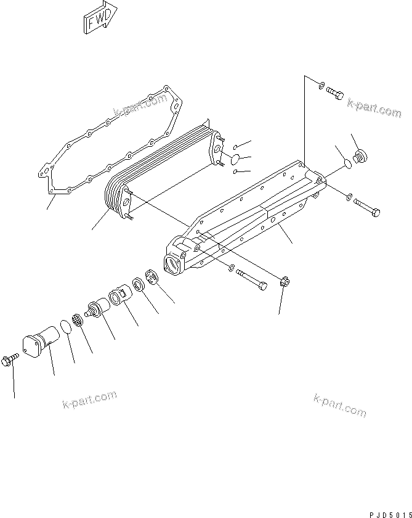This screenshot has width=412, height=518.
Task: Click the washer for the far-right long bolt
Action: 350,198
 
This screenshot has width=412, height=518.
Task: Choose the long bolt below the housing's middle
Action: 252,278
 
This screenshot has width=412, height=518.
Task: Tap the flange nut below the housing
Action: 285,282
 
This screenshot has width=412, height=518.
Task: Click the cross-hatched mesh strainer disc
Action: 78,319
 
